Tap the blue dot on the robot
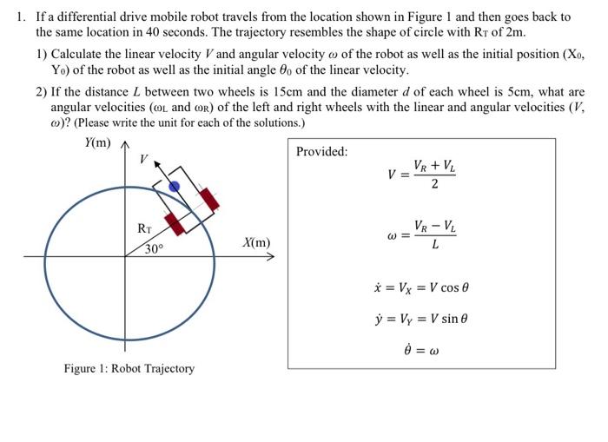pyautogui.click(x=174, y=187)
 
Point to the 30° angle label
pyautogui.click(x=154, y=249)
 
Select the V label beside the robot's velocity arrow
pyautogui.click(x=144, y=161)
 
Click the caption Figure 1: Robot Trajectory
pyautogui.click(x=129, y=368)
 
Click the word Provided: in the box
pyautogui.click(x=321, y=152)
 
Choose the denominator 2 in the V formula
pyautogui.click(x=434, y=184)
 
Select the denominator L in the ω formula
pyautogui.click(x=434, y=245)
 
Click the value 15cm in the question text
pyautogui.click(x=297, y=92)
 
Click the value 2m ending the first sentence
pyautogui.click(x=515, y=32)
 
